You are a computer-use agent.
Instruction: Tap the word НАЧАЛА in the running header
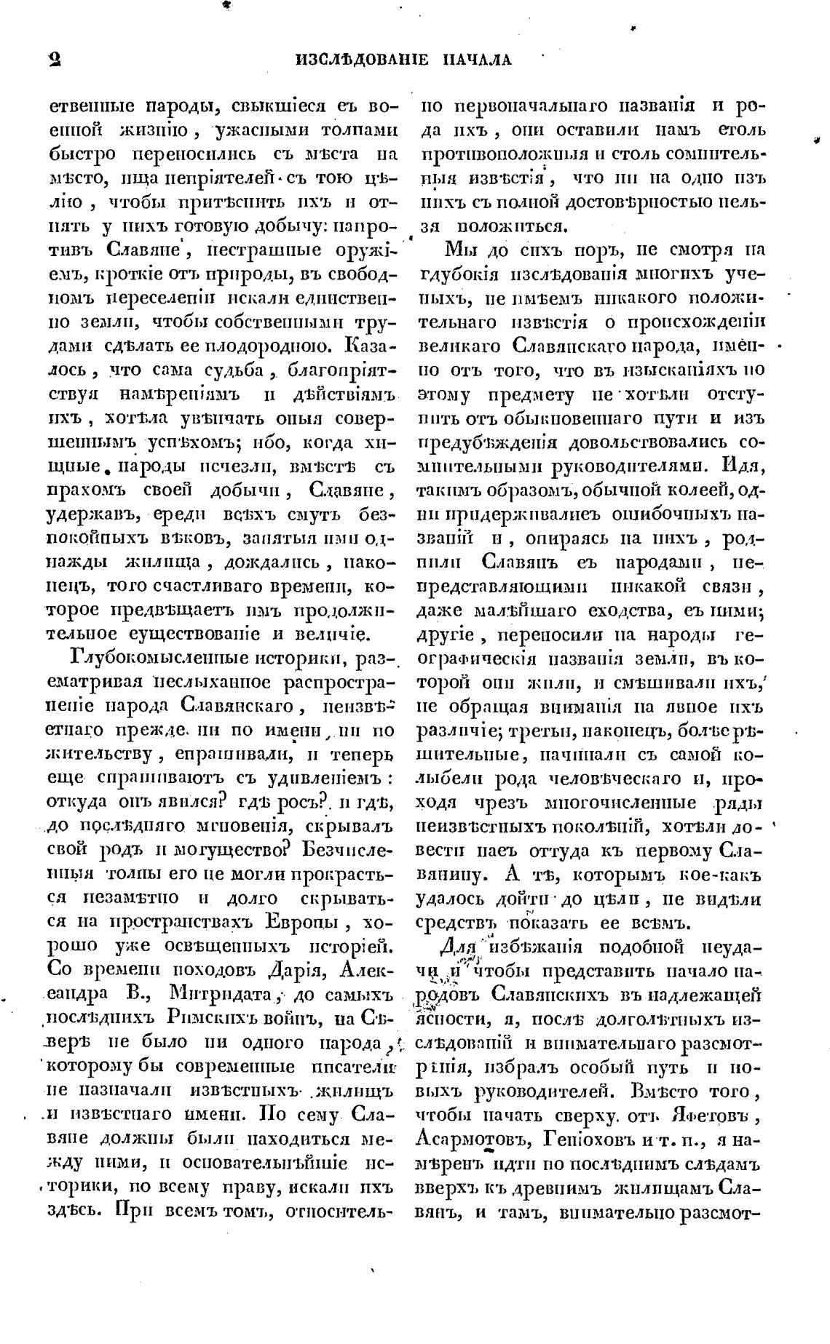[477, 60]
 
